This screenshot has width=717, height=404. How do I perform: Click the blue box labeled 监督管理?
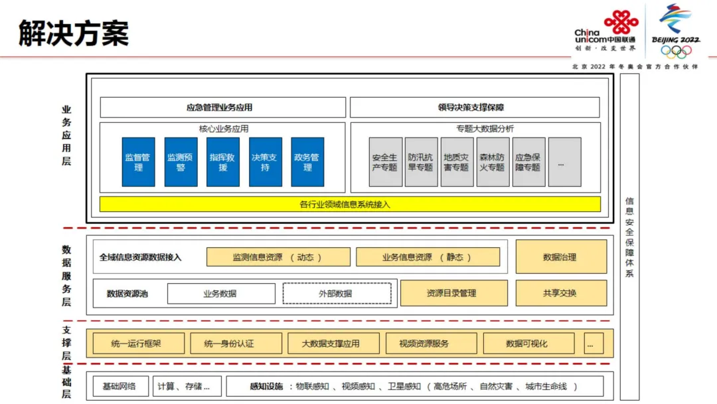tap(138, 162)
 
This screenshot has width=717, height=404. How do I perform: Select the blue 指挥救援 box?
tap(223, 162)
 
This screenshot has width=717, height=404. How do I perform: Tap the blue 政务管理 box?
tap(307, 162)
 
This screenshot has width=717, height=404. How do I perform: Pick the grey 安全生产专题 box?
tap(385, 162)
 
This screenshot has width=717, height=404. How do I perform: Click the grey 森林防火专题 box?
tap(493, 162)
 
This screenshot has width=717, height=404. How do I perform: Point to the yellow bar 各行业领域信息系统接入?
tap(350, 204)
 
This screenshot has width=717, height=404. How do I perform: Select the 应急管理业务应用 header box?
tap(223, 107)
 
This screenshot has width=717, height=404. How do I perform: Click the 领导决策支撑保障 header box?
tap(475, 107)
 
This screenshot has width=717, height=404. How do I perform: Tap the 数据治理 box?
tap(561, 257)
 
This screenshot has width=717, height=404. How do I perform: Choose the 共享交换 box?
tap(561, 293)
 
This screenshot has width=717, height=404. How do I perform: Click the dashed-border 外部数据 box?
tap(337, 294)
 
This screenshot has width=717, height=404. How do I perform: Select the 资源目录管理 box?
tap(453, 293)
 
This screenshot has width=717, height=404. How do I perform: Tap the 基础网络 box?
tap(119, 386)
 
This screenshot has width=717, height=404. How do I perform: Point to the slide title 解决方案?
tap(73, 33)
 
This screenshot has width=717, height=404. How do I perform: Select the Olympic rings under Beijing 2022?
tap(676, 51)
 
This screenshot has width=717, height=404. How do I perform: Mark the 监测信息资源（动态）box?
tap(278, 257)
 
